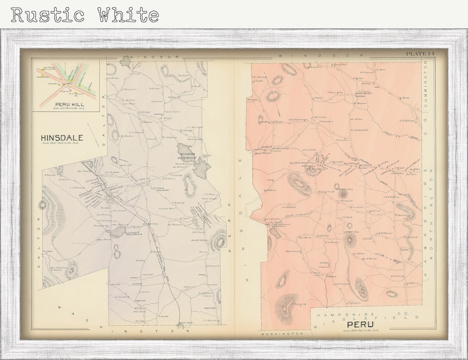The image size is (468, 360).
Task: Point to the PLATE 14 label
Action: point(420,54)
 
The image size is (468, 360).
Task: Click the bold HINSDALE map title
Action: point(62,138)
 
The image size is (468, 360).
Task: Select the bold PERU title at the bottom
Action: point(360,324)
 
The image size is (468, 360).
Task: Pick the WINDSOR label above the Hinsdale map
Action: point(147,57)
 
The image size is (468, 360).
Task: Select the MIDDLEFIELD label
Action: point(354,318)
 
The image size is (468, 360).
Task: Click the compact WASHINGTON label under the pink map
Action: point(282,333)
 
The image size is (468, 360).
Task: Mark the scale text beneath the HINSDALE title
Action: point(62,144)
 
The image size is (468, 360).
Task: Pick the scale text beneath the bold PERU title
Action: point(360,330)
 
